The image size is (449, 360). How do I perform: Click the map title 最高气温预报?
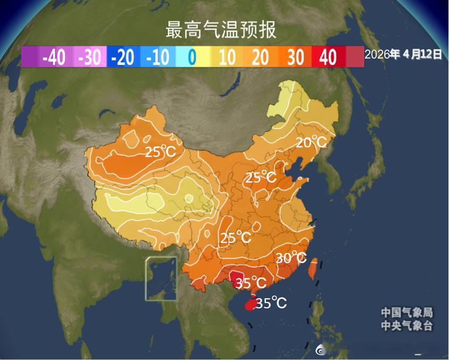point(221,30)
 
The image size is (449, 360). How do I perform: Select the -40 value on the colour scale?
point(54,57)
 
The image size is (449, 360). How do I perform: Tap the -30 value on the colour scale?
point(89,57)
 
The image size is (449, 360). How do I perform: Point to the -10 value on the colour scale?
point(157,57)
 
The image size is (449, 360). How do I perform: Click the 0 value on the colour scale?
point(192,57)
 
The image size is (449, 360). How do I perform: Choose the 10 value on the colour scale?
point(227,57)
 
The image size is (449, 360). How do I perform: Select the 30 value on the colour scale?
point(295,57)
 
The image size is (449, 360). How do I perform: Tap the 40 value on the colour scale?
point(329,57)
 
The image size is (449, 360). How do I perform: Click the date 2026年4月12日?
point(403,54)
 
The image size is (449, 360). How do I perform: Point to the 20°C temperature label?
point(311,142)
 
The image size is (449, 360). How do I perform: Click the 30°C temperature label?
point(291,258)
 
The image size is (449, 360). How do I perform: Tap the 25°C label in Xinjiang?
point(160,152)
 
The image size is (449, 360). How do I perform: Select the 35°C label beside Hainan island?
point(271,304)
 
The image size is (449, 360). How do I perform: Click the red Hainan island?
point(248,305)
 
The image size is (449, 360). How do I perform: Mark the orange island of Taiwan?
point(313,270)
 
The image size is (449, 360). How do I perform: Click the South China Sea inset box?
point(161,278)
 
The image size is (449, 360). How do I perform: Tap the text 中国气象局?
point(406,313)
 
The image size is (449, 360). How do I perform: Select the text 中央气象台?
point(406,326)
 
